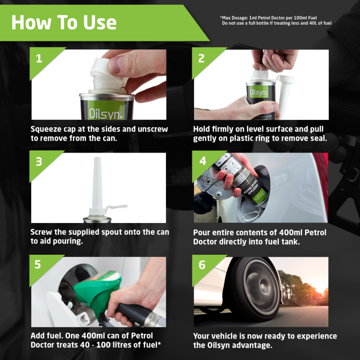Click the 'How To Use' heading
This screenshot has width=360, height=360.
click(x=63, y=22)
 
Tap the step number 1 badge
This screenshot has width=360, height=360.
click(x=39, y=59)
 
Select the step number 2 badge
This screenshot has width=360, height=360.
click(x=201, y=59)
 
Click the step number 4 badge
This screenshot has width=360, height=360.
click(x=202, y=162)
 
